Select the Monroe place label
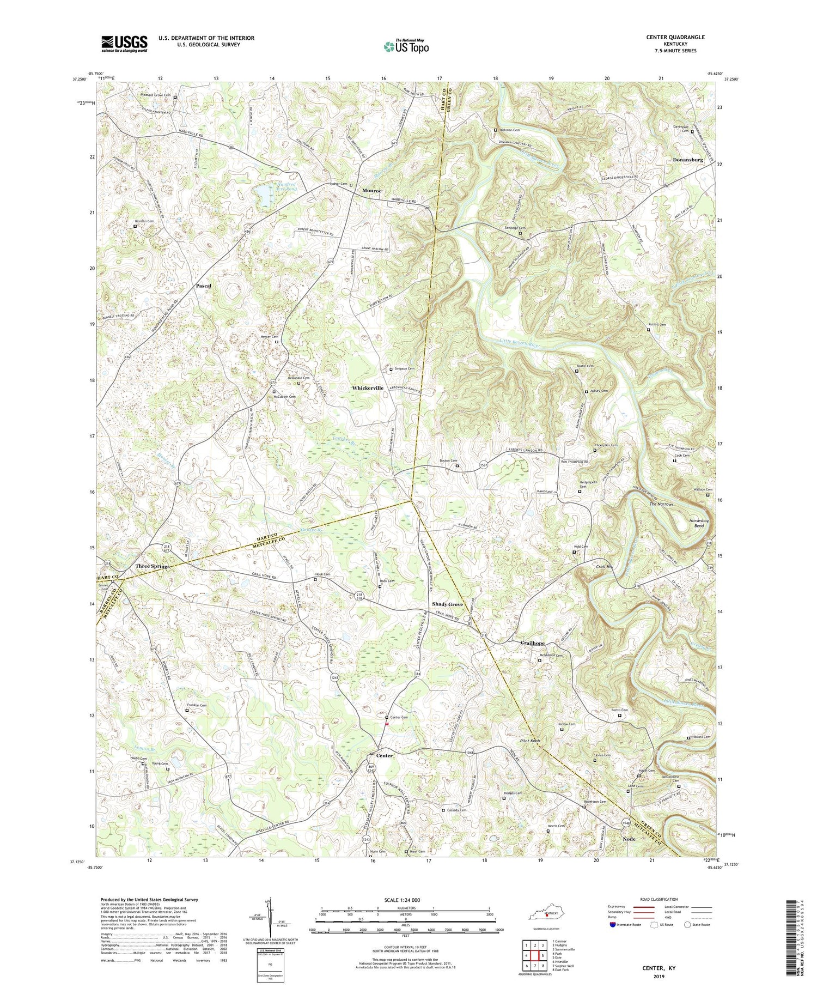point(372,191)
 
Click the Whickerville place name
point(368,387)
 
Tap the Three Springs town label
point(152,566)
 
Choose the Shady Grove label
point(447,604)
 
